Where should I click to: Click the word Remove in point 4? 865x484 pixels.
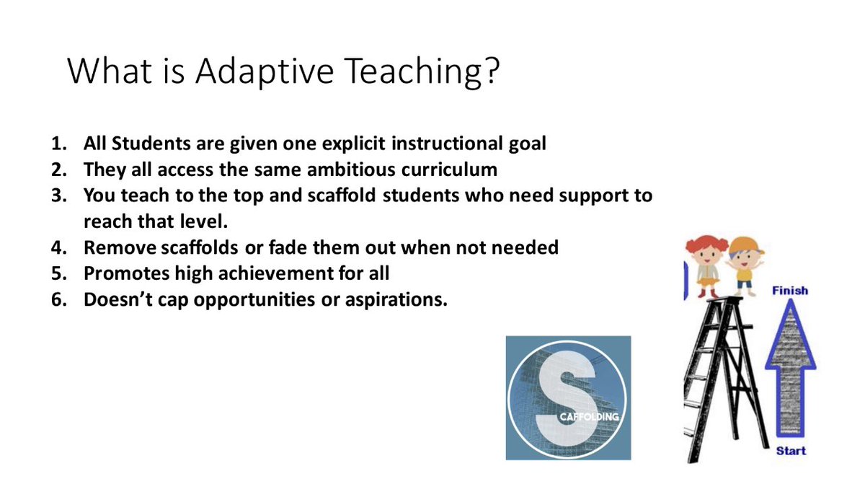coord(117,247)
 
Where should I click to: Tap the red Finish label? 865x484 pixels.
coord(790,291)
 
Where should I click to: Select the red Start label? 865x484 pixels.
coord(791,450)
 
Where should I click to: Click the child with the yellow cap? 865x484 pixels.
coord(744,264)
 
